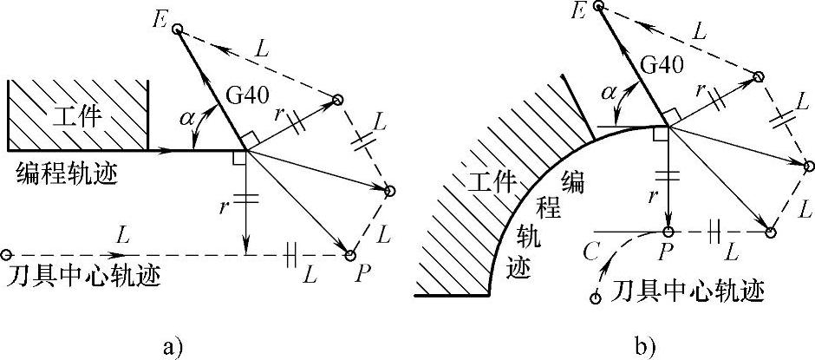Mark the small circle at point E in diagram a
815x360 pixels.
click(x=177, y=30)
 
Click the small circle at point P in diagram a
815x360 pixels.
click(x=350, y=255)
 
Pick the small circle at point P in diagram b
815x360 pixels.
click(x=668, y=232)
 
